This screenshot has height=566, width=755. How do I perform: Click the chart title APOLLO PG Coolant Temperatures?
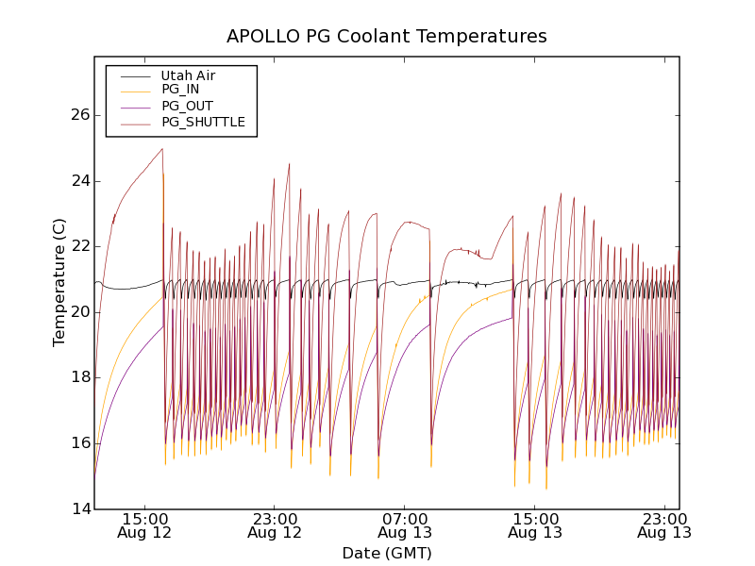point(387,37)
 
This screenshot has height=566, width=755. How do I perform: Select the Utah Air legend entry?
point(188,75)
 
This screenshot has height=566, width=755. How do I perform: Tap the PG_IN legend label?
point(180,90)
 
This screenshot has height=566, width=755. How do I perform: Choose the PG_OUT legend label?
point(187,106)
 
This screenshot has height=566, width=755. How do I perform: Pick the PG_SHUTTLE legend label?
point(203,122)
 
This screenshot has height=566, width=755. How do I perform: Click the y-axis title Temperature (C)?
point(59,282)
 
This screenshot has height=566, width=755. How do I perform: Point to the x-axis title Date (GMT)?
point(387,553)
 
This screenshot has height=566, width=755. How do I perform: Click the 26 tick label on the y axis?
point(79,115)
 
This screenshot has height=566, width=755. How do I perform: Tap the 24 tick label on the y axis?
point(79,181)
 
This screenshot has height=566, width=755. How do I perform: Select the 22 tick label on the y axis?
point(79,246)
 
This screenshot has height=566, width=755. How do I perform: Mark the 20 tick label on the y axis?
point(79,312)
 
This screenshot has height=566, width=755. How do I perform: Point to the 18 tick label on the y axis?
point(79,377)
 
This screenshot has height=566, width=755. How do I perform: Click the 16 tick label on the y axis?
point(79,443)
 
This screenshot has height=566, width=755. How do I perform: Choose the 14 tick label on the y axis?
point(79,509)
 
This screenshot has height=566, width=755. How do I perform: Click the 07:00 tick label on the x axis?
point(405,518)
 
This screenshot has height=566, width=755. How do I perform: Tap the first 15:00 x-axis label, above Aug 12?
point(144,518)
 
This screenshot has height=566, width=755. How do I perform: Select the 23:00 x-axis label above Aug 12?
point(275,518)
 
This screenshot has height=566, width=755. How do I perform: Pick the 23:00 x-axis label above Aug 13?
point(665,518)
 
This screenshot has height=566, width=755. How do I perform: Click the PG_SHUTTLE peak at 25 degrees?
point(162,149)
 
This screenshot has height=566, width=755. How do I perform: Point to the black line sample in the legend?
point(135,75)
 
